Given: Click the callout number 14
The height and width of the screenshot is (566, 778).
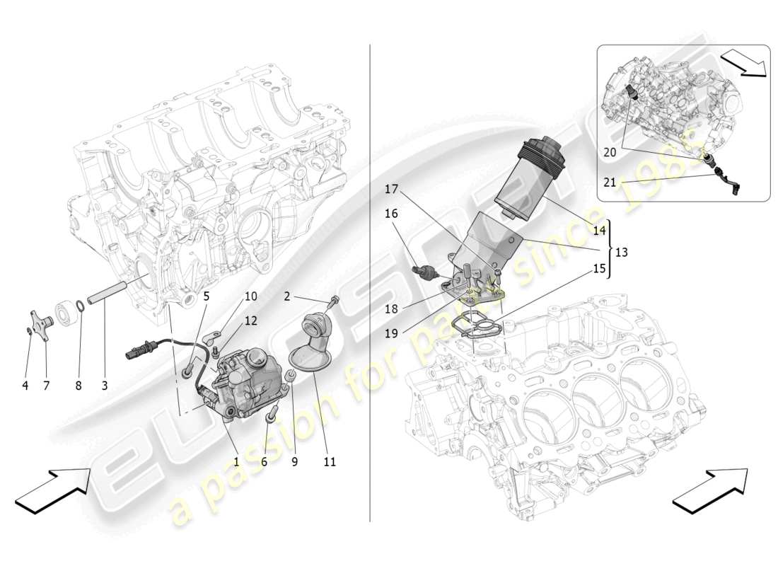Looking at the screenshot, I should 599,231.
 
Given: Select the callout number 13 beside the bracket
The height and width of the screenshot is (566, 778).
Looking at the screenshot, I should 622,251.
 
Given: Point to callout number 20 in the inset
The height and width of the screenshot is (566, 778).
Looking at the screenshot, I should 609,151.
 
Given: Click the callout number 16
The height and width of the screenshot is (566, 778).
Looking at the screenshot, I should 391,213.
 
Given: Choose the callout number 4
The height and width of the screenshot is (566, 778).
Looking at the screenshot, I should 25,386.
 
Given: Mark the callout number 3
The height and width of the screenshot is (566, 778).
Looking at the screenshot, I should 104,386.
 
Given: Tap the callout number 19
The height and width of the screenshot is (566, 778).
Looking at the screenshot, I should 390,331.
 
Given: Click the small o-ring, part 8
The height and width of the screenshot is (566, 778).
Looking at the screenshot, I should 82,307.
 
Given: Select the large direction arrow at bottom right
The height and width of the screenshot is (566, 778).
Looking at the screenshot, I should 709,489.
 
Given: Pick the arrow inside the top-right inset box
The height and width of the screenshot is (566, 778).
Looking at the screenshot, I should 745,62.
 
